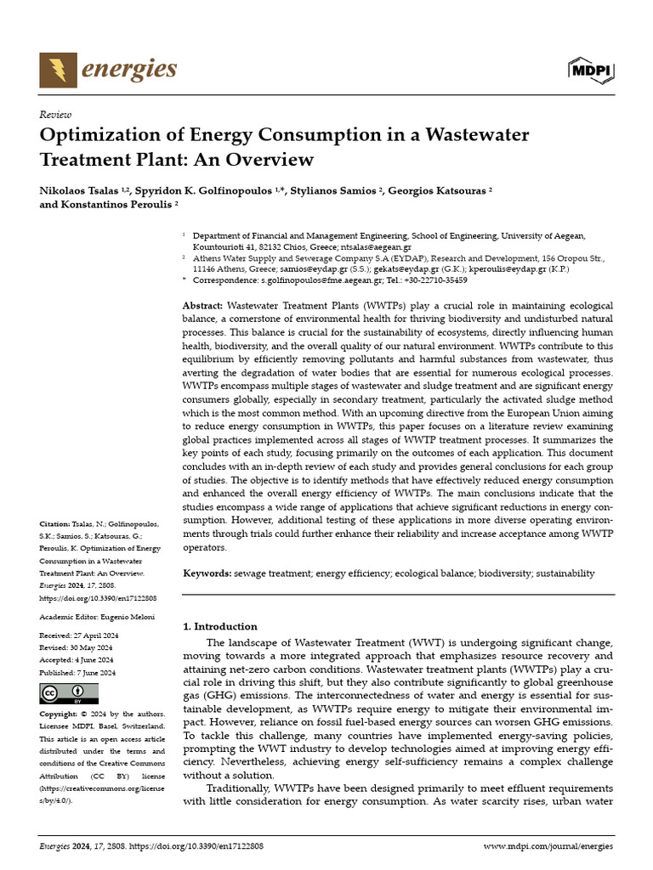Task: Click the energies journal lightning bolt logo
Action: (x=58, y=70)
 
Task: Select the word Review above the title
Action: (x=55, y=114)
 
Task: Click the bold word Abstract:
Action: (x=204, y=305)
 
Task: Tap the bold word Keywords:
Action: (x=207, y=573)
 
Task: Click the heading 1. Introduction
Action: (x=220, y=626)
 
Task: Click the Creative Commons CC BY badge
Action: (x=63, y=693)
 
